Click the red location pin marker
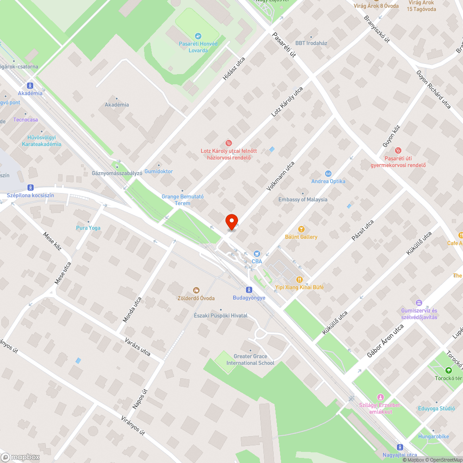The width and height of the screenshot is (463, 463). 231,221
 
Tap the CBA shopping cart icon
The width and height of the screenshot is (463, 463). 257,254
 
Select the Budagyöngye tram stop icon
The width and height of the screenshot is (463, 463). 249,290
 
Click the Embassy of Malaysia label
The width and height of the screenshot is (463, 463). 303,200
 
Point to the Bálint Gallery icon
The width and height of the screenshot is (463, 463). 301,229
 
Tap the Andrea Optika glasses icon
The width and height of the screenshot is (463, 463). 328,173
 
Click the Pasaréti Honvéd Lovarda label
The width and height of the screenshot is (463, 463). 198,47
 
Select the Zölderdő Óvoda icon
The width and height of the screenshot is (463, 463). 196,290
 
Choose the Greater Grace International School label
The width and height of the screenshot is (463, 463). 250,360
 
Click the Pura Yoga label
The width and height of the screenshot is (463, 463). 88,228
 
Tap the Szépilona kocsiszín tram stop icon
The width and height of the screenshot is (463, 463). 30,187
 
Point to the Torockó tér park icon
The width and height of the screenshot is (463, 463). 448,370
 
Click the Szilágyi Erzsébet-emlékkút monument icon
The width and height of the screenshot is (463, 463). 381,397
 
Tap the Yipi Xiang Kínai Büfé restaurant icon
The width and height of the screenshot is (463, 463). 300,279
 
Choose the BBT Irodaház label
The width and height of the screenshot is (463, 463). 311,43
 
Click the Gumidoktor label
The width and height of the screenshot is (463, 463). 158,171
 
